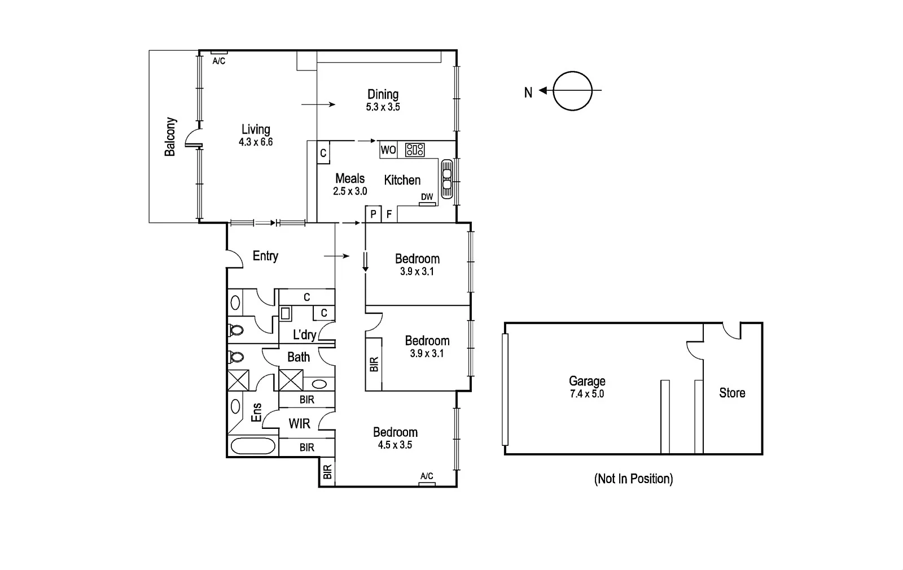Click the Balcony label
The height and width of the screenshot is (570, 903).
coord(170,137)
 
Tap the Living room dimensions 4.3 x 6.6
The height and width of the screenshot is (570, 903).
coord(256,142)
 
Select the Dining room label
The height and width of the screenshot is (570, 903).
coord(383,94)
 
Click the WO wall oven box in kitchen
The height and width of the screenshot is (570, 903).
coord(388,150)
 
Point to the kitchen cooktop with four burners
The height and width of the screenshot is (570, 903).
coord(415,150)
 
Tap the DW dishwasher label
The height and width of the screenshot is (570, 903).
coord(427,197)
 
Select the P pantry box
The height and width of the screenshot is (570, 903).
coord(373,214)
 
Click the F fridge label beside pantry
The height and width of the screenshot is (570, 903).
coord(389,214)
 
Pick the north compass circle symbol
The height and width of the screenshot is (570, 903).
coord(572,91)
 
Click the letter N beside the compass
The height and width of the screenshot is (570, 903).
coord(528,93)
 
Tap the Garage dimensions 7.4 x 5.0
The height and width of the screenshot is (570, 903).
coord(587,394)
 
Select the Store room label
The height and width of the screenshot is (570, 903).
coord(732,393)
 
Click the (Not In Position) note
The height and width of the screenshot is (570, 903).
coord(633,479)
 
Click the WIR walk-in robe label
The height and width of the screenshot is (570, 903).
coord(299,423)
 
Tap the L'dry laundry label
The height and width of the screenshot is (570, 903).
coord(304,335)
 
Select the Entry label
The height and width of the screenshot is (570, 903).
coord(265,256)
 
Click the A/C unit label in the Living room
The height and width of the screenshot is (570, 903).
coord(219,61)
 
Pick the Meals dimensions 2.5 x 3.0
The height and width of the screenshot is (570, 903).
coord(350,191)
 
